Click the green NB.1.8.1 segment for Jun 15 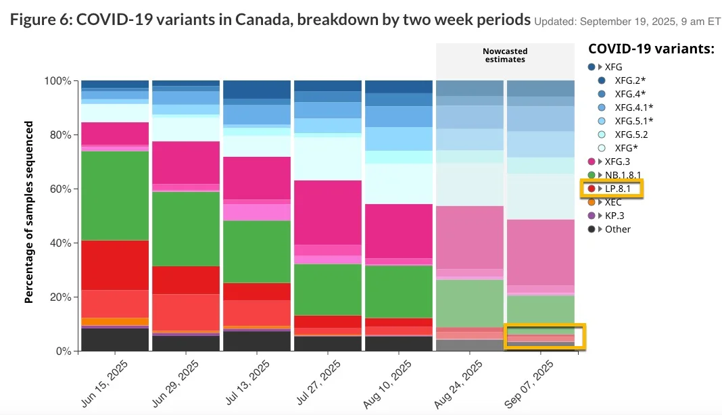[x=115, y=196]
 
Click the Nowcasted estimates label [x=505, y=55]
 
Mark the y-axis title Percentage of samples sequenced [x=29, y=212]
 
